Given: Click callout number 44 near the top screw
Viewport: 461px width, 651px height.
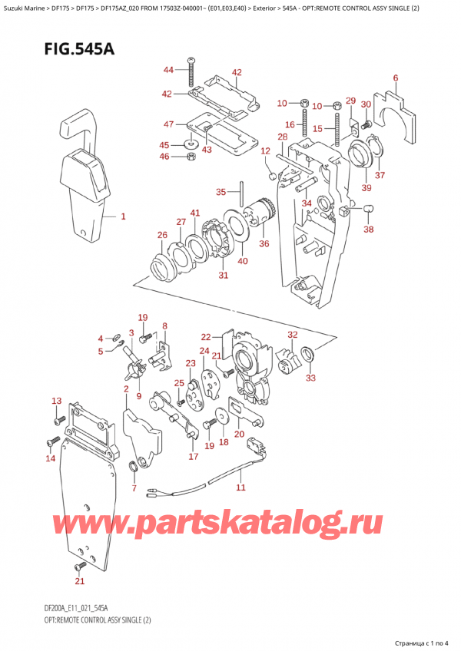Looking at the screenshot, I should coord(168,70).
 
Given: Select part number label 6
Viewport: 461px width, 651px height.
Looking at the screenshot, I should coord(395,78).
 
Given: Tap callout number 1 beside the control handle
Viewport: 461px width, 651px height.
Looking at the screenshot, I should coord(124,217).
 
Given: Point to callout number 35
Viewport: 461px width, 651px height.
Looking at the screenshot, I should coord(221,191).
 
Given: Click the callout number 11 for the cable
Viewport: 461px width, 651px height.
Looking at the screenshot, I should coord(240,487).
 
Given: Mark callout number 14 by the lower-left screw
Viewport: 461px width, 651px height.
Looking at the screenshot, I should coord(51,458).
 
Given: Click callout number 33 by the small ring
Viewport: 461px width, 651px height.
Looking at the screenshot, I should coord(310,377).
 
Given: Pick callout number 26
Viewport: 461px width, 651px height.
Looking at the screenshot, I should coord(161,235).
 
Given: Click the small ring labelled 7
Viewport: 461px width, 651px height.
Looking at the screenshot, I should coord(134,468).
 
